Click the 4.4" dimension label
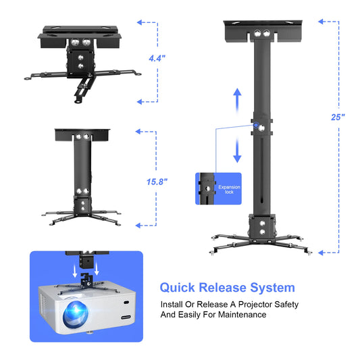pos(157,58)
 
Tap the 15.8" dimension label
pos(157,182)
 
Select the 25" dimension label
pos(338,117)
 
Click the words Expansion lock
pos(229,189)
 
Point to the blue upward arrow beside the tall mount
pos(237,101)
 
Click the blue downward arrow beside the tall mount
pos(237,150)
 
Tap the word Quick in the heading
pos(177,288)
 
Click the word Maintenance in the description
pos(242,314)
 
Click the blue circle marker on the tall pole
pos(256,125)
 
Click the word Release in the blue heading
pos(222,288)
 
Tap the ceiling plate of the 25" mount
pos(263,30)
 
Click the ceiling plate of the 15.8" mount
pos(82,135)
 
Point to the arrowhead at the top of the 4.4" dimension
pos(140,22)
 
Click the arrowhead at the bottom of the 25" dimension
pos(321,253)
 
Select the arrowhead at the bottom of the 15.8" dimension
pos(138,226)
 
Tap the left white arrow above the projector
pos(75,270)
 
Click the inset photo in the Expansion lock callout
pos(207,188)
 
